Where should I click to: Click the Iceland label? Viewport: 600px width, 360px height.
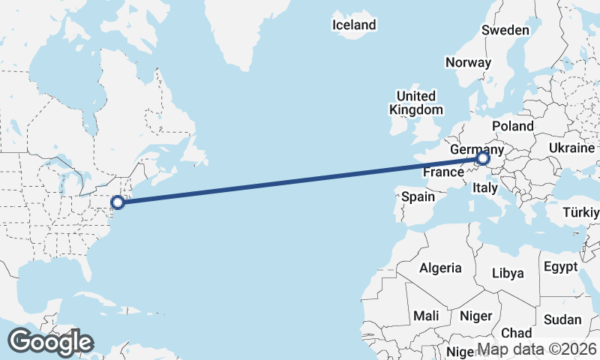(x=355, y=25)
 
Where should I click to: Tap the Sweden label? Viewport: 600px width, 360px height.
(x=505, y=31)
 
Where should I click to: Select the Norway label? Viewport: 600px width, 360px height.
(x=468, y=63)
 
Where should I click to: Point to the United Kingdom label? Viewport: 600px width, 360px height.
(x=415, y=103)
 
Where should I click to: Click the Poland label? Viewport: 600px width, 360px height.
(x=514, y=126)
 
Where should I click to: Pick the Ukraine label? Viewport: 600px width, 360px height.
(x=572, y=148)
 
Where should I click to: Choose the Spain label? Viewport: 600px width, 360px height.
(x=418, y=197)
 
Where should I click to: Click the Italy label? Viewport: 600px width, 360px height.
(x=485, y=190)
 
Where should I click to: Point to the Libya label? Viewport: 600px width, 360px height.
(x=508, y=273)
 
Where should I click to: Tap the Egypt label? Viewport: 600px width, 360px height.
(x=560, y=268)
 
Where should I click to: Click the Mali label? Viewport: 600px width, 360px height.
(x=425, y=316)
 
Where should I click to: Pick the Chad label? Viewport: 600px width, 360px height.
(x=516, y=333)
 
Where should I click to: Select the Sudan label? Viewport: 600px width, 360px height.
(x=562, y=319)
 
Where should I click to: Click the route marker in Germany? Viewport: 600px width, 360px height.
(x=482, y=159)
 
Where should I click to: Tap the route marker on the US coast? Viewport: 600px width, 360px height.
(x=118, y=202)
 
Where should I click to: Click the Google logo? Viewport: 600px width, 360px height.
(x=50, y=342)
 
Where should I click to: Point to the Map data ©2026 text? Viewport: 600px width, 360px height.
(x=537, y=349)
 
